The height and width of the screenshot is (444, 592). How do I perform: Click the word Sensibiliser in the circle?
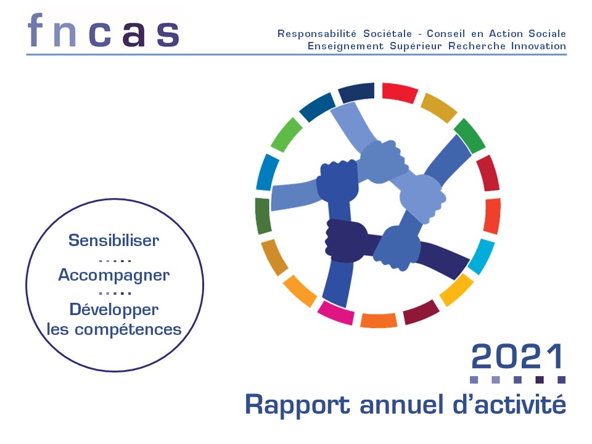point(113,240)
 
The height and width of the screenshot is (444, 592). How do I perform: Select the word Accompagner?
point(113,276)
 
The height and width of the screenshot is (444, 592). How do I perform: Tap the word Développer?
point(113,310)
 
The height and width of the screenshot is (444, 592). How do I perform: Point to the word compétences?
point(128,329)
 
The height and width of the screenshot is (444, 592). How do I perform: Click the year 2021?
point(517,356)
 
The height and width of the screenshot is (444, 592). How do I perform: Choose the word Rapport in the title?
point(297,406)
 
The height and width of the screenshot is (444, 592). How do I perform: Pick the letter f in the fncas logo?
point(36,30)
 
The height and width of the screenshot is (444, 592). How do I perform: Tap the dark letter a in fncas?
point(134,34)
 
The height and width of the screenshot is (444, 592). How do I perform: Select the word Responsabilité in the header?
point(317,34)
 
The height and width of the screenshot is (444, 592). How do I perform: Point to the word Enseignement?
point(345,46)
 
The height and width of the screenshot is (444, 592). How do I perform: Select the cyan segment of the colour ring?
point(482,257)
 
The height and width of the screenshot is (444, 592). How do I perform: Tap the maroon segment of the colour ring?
point(421,312)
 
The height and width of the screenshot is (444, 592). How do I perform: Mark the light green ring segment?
point(286,135)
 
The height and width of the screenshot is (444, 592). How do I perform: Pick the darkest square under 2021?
point(540,380)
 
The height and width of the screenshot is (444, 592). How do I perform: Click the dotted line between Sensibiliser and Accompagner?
point(115,260)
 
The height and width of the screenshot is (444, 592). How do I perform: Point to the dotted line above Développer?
point(115,293)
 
